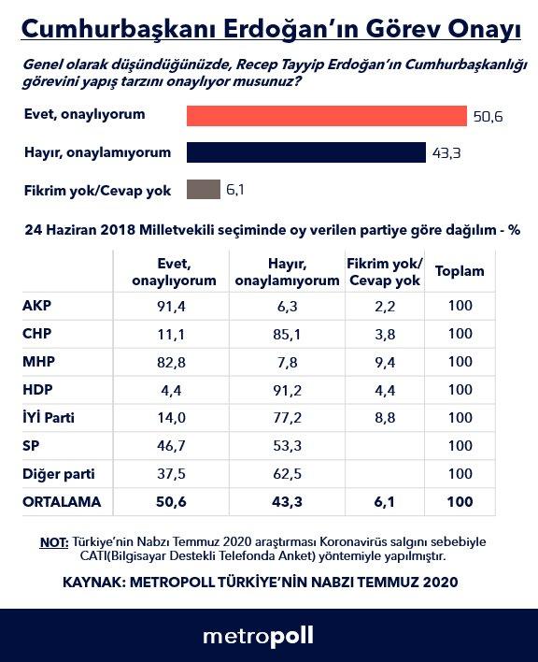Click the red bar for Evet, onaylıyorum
coord(326,115)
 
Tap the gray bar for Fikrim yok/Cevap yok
coord(203,190)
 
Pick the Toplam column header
coord(460,271)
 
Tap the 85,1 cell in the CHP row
coord(286,335)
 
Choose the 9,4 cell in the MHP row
coord(384,363)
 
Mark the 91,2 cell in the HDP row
coord(286,391)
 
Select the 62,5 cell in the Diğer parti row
coord(286,474)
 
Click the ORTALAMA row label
coord(62,502)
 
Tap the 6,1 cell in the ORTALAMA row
coord(384,502)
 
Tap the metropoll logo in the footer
coord(258,636)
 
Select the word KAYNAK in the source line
coord(94,582)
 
